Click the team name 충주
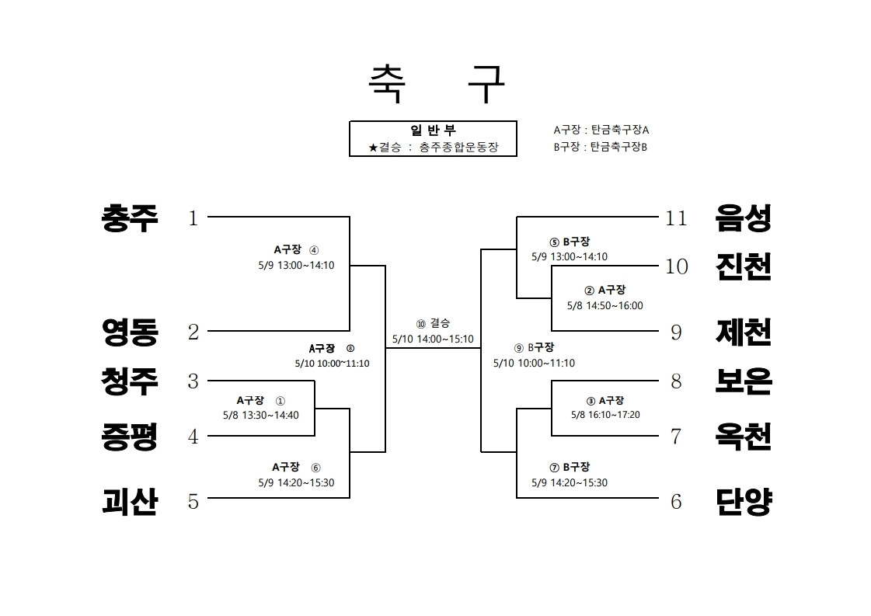coord(130,218)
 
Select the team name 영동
coord(130,332)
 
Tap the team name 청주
coord(130,381)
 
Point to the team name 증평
coord(130,437)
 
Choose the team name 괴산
coord(130,502)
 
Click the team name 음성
coord(744,218)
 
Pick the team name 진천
coord(744,266)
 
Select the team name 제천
coord(744,332)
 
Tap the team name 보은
coord(744,381)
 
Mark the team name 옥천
coord(744,437)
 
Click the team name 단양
coord(744,502)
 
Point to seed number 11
coord(676,218)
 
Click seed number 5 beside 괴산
coord(193,502)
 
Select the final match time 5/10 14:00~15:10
coord(434,339)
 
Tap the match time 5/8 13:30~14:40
coord(261,415)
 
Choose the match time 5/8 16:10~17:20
coord(605,414)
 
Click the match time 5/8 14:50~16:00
coord(605,305)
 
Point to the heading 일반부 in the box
coord(434,130)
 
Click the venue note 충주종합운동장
coord(459,147)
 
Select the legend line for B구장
coord(601,147)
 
